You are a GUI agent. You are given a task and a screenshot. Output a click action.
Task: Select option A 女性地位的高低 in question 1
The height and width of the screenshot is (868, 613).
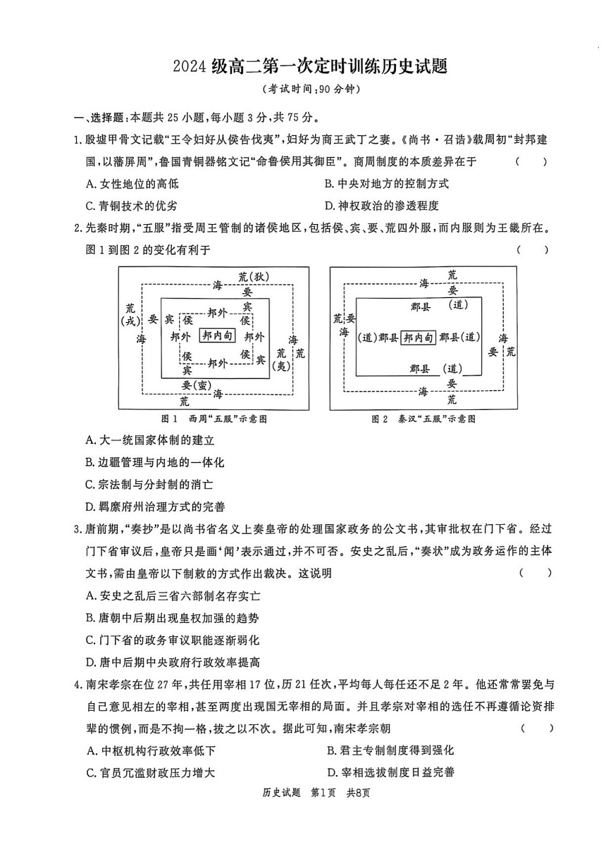[x=132, y=184]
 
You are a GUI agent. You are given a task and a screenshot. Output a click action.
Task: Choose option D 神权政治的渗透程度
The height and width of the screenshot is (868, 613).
[x=381, y=206]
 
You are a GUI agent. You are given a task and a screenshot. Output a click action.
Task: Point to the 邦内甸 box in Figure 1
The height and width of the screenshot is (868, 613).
[x=217, y=335]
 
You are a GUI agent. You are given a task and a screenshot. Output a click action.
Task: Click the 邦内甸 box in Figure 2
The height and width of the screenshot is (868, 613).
[x=419, y=337]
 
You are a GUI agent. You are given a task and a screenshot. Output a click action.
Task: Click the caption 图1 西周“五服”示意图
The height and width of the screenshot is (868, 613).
[x=213, y=418]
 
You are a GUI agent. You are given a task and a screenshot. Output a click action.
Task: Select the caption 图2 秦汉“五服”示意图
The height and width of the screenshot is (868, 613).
[x=423, y=418]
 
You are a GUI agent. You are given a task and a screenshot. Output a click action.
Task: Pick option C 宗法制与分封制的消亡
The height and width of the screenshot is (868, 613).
[x=149, y=485]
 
